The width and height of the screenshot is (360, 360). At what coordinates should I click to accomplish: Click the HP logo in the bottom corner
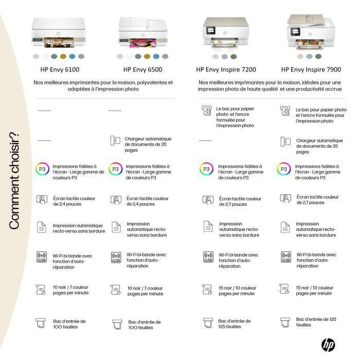328,345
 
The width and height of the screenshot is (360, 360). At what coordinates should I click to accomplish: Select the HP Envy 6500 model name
143,69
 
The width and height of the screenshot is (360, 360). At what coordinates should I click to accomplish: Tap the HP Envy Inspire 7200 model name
226,69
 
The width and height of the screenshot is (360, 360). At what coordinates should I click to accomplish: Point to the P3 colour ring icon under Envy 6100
42,169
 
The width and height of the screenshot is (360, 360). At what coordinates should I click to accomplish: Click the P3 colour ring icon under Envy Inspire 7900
283,169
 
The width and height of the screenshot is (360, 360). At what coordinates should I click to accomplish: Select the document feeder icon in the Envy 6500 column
115,141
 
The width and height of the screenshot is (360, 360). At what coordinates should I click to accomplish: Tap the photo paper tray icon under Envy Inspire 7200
206,111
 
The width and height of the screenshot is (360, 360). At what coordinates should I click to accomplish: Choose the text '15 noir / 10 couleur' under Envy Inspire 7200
238,291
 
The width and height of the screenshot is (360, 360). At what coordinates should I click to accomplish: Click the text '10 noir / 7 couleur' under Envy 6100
71,290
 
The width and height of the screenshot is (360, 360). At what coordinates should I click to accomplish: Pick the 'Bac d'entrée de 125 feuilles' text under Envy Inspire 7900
316,322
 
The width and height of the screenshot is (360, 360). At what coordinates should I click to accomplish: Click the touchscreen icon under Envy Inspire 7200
207,201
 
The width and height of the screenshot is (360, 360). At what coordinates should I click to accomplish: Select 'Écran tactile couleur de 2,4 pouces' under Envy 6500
147,201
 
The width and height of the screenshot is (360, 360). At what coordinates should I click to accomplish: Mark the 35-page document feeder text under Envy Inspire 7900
319,146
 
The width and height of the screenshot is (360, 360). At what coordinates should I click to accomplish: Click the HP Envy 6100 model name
60,69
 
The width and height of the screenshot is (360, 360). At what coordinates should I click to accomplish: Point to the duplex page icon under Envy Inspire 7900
284,227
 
